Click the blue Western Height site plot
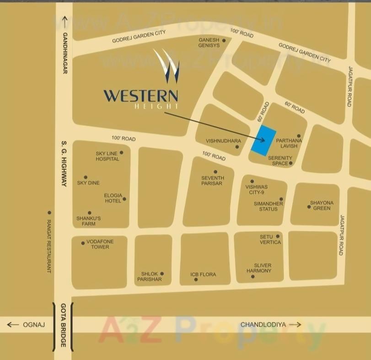[x=263, y=140]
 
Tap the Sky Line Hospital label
[x=107, y=156]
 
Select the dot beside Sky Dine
[x=86, y=177]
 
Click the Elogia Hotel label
[x=113, y=198]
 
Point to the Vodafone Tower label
[x=100, y=244]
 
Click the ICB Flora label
[x=203, y=274]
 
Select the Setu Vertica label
[x=270, y=239]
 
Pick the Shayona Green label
[x=322, y=205]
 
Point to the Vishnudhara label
[x=220, y=141]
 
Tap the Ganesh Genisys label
[x=209, y=43]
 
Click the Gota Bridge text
[x=63, y=325]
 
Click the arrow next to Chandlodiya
[x=295, y=324]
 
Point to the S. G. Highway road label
[x=65, y=165]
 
